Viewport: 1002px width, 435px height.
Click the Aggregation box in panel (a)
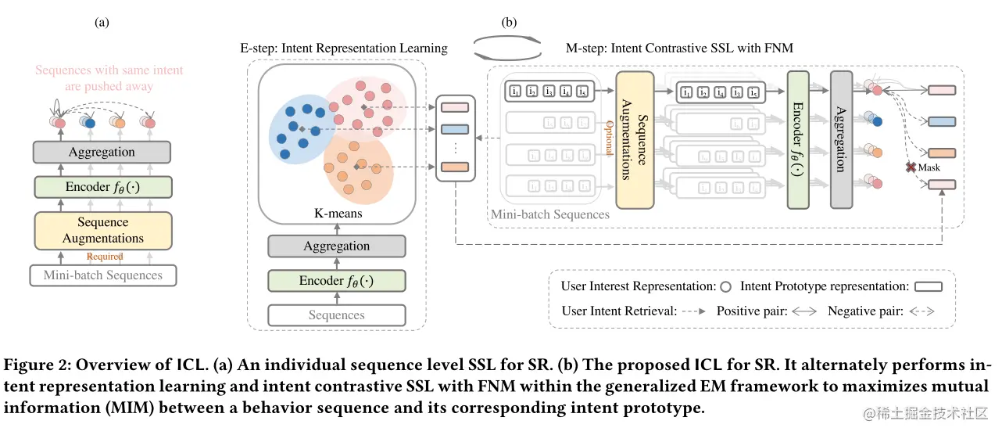pos(102,153)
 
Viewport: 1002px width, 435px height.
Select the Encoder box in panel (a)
pos(102,187)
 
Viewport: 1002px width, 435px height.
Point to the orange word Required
pos(104,256)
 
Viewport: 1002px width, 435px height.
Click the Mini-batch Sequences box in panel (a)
pos(103,275)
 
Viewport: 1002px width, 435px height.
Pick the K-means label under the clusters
pos(337,213)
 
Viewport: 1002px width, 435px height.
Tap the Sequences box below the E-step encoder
pos(337,315)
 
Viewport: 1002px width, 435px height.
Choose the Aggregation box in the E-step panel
pos(337,246)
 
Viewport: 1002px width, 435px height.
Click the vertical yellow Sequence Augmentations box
pos(635,140)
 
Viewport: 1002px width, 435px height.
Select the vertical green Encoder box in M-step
pos(798,140)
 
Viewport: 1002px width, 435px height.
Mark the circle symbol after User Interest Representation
pos(725,286)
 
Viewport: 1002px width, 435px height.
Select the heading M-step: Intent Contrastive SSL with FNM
pos(678,49)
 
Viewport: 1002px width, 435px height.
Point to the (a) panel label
pos(101,23)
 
